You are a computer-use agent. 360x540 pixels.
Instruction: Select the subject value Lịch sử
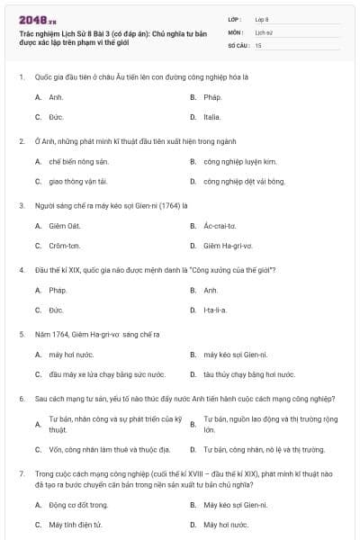263,31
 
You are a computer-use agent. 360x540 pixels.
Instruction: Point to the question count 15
258,44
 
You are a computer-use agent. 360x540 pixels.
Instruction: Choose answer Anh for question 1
56,96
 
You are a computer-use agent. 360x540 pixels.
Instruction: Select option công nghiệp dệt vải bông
231,182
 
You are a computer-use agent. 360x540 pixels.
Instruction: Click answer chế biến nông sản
71,161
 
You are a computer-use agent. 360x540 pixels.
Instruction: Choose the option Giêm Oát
65,225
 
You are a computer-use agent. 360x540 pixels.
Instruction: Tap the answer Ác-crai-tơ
220,225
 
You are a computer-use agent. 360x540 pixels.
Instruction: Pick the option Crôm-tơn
65,246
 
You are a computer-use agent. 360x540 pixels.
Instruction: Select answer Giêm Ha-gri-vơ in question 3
228,246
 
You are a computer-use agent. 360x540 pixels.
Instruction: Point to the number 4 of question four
21,270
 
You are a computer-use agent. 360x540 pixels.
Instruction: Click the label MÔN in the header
235,31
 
